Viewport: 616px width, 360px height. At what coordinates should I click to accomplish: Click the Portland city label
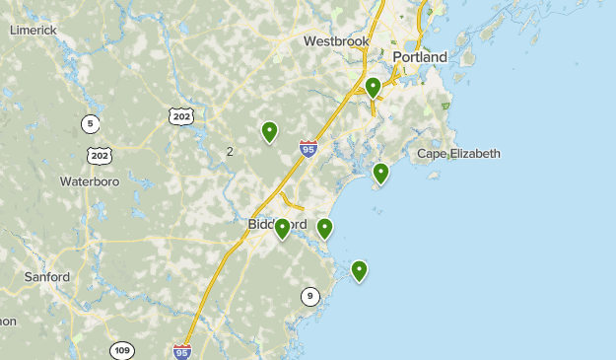[x=419, y=57]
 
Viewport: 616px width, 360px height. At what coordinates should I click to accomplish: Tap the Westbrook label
[x=336, y=41]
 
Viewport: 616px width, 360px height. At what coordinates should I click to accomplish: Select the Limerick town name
[x=34, y=31]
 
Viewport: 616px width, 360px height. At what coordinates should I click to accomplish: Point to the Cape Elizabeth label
[x=458, y=154]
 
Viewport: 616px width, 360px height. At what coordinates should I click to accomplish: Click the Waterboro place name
[x=90, y=181]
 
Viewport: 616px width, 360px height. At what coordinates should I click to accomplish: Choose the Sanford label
[x=47, y=277]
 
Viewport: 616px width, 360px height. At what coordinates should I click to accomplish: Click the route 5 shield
[x=91, y=123]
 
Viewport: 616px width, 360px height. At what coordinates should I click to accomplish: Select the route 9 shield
[x=310, y=296]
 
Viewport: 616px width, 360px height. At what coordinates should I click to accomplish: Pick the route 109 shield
[x=122, y=350]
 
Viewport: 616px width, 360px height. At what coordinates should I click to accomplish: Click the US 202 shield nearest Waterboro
[x=99, y=156]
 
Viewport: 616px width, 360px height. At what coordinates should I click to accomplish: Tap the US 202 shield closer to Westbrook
[x=180, y=116]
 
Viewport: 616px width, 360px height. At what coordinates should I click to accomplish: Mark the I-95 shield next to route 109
[x=182, y=351]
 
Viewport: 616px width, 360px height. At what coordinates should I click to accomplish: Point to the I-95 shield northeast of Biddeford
[x=308, y=149]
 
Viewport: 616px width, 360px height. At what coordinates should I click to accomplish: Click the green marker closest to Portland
[x=374, y=87]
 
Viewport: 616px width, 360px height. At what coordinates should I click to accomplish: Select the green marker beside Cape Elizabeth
[x=380, y=173]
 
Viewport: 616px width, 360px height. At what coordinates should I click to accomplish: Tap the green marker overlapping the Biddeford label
[x=283, y=228]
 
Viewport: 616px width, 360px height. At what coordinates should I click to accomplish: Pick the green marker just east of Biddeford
[x=324, y=228]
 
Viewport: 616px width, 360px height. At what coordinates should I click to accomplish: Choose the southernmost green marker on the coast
[x=360, y=269]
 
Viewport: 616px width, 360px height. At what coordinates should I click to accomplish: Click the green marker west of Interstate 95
[x=269, y=130]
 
